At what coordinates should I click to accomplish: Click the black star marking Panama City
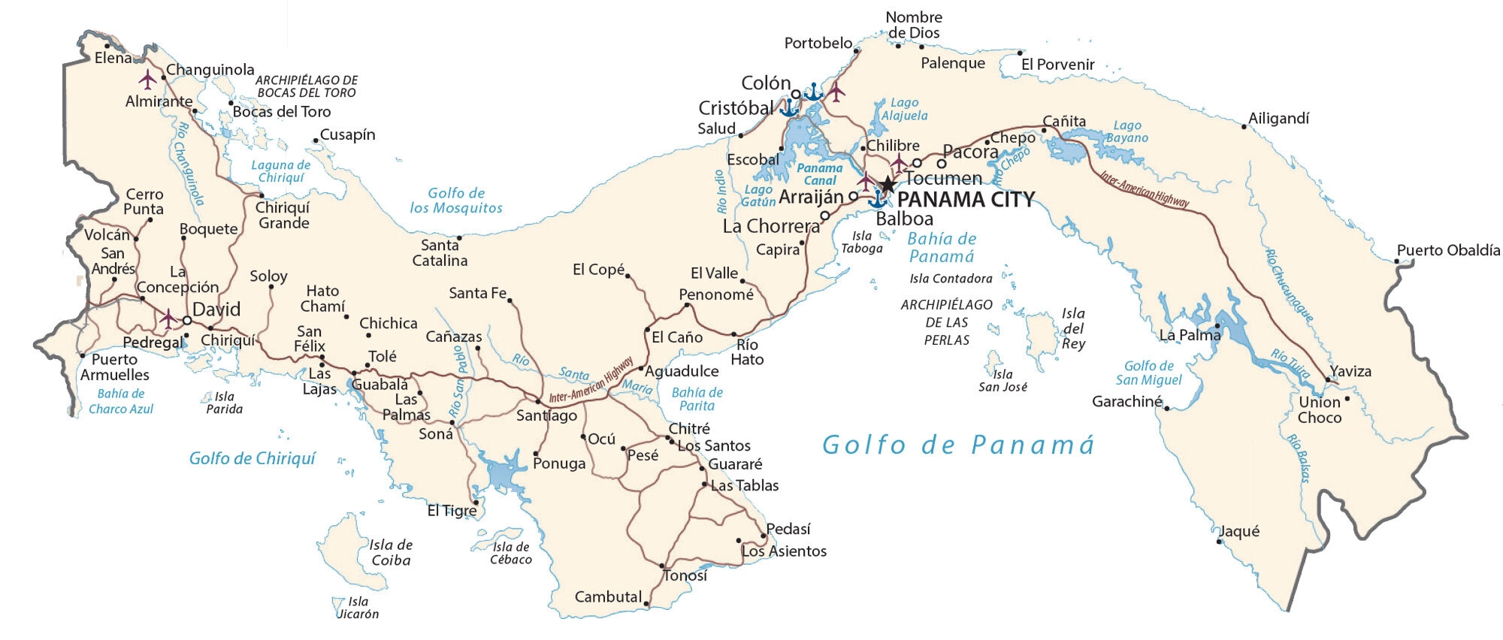point(888,184)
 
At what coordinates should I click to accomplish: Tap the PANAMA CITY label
point(966,200)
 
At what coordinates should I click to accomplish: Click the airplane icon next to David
point(168,318)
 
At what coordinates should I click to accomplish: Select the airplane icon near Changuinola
point(148,78)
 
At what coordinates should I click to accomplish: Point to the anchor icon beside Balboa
point(876,199)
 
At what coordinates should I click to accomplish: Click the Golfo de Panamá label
point(957,445)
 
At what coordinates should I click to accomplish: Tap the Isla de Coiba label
point(391,553)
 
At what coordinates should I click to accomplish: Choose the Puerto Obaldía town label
point(1448,251)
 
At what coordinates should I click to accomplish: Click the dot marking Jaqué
point(1219,541)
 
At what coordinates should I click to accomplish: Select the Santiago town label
point(546,415)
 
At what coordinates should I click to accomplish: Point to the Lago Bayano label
point(1126,132)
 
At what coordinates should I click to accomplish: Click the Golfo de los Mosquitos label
point(456,201)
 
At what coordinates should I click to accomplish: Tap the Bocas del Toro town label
point(281,112)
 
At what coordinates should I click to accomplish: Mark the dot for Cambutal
point(646,602)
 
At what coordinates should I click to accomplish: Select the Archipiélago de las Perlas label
point(947,322)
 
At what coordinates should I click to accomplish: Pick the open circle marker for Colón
point(796,95)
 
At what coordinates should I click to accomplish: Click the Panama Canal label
point(819,174)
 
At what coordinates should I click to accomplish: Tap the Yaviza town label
point(1350,372)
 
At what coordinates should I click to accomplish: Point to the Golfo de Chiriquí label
point(252,458)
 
